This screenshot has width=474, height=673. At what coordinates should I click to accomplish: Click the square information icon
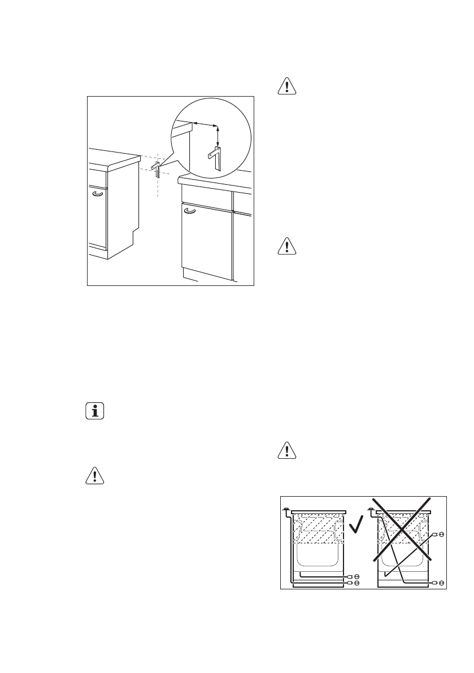click(x=94, y=411)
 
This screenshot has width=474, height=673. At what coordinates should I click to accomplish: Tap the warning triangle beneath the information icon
click(x=94, y=475)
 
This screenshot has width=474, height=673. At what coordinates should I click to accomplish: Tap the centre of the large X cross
click(x=402, y=529)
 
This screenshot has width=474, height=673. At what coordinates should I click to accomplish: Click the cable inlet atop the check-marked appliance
click(x=288, y=510)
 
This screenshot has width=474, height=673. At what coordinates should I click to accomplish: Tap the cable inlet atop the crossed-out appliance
click(x=371, y=510)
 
